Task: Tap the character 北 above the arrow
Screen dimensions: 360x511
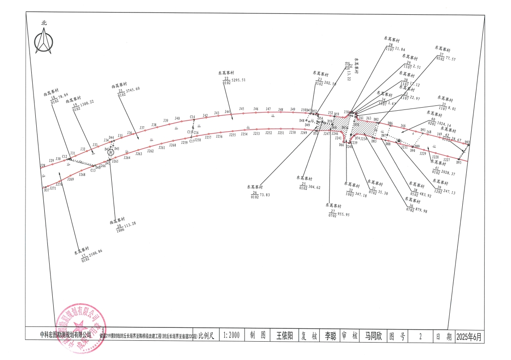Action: [x=44, y=22]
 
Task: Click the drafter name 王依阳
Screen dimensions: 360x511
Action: [x=284, y=336]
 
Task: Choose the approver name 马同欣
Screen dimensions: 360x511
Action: [x=373, y=336]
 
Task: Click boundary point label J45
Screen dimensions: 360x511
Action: [x=242, y=109]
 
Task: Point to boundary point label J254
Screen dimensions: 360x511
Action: [x=244, y=134]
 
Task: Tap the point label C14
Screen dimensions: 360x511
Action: [x=193, y=117]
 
